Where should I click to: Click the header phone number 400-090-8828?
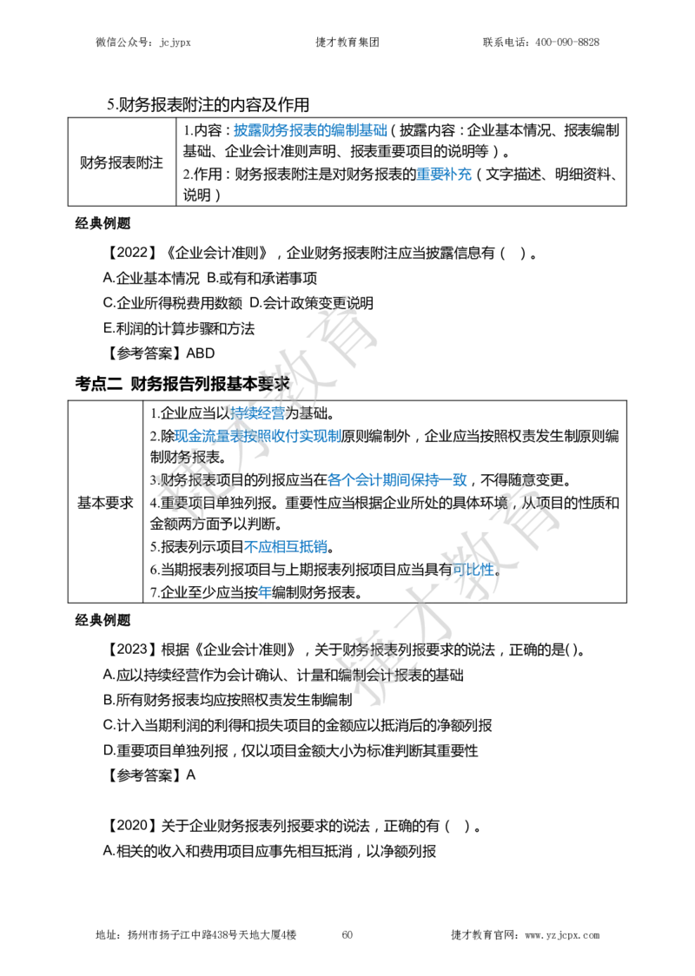point(566,43)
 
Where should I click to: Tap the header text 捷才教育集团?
point(347,43)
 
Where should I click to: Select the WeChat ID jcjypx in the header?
point(175,43)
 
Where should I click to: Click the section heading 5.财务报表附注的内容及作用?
point(208,104)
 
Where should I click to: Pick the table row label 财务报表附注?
point(122,162)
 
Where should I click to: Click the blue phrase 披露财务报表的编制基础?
point(310,130)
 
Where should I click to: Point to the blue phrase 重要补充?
point(444,175)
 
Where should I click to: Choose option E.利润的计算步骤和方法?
point(179,328)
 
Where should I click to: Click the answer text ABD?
point(201,353)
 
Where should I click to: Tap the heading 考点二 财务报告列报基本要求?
point(182,384)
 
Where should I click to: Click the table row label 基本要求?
point(105,502)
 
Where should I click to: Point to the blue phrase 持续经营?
point(257,412)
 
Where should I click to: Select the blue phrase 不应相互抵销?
point(286,546)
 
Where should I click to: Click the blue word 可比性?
point(473,569)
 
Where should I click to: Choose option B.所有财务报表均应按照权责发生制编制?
point(228,700)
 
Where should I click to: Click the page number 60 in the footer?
point(347,934)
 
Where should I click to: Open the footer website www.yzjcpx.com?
point(562,935)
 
